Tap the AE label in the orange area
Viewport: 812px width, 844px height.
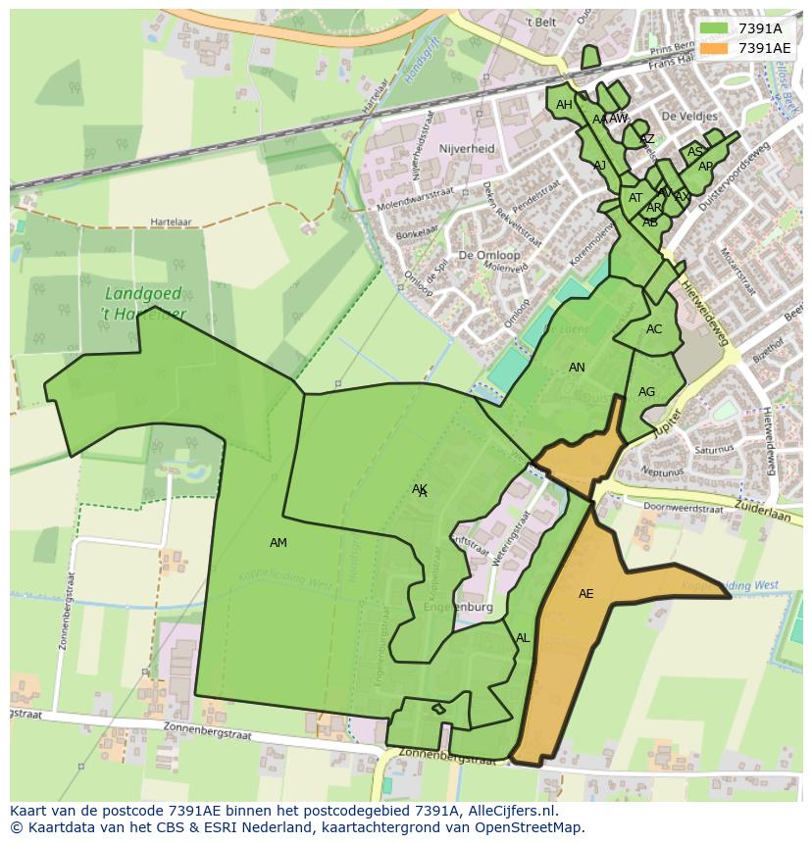pos(585,594)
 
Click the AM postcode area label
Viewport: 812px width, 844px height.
pos(279,543)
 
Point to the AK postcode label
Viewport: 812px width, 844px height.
pos(420,488)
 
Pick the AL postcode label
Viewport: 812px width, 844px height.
pos(523,638)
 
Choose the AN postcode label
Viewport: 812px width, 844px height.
pos(577,368)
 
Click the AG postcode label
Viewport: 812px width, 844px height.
pos(646,392)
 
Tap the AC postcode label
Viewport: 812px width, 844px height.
pos(654,329)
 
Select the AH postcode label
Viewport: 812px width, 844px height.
pos(564,105)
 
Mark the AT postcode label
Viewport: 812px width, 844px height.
pos(635,198)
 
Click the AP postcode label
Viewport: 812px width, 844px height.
pos(705,167)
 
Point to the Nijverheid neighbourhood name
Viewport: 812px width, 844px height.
pos(467,149)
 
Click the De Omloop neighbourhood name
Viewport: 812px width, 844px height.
pos(488,255)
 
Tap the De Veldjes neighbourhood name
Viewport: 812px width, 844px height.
pos(689,116)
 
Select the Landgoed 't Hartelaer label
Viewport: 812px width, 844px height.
pos(145,303)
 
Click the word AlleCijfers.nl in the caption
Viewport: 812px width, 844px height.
pos(501,811)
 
